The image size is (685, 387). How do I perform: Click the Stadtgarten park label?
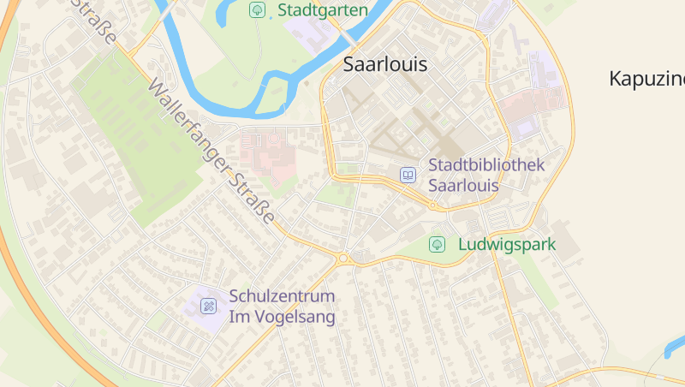(324, 10)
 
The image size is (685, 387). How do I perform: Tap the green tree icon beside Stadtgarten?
(256, 10)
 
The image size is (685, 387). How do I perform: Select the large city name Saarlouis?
(384, 64)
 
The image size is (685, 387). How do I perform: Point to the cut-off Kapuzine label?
(646, 79)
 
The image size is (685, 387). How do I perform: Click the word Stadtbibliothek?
(486, 165)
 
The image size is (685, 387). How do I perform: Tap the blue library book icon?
(408, 175)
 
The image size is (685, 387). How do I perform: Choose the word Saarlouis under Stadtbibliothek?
(463, 185)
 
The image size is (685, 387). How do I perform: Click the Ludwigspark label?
(507, 244)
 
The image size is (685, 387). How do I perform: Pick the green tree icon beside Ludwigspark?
(437, 244)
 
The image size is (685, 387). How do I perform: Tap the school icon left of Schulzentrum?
(209, 306)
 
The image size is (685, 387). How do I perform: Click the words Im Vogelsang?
(282, 317)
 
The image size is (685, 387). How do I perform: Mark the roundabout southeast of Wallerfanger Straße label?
(343, 258)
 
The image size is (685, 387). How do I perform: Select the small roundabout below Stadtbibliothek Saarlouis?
(433, 206)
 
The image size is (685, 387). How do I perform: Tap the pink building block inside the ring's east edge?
(531, 107)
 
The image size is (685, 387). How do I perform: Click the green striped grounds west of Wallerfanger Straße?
(128, 128)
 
